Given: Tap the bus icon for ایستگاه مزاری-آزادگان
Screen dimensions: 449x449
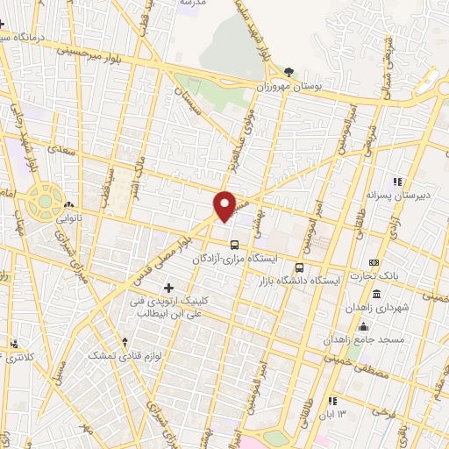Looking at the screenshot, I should (233, 245).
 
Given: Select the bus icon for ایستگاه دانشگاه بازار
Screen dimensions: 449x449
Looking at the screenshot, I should (300, 267).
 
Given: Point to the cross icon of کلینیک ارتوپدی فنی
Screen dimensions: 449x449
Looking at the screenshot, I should (168, 288).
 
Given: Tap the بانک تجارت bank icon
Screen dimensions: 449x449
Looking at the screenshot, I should (374, 262).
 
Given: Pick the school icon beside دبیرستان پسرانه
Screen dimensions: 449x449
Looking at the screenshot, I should (396, 182).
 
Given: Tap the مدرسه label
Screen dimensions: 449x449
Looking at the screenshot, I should (191, 4).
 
